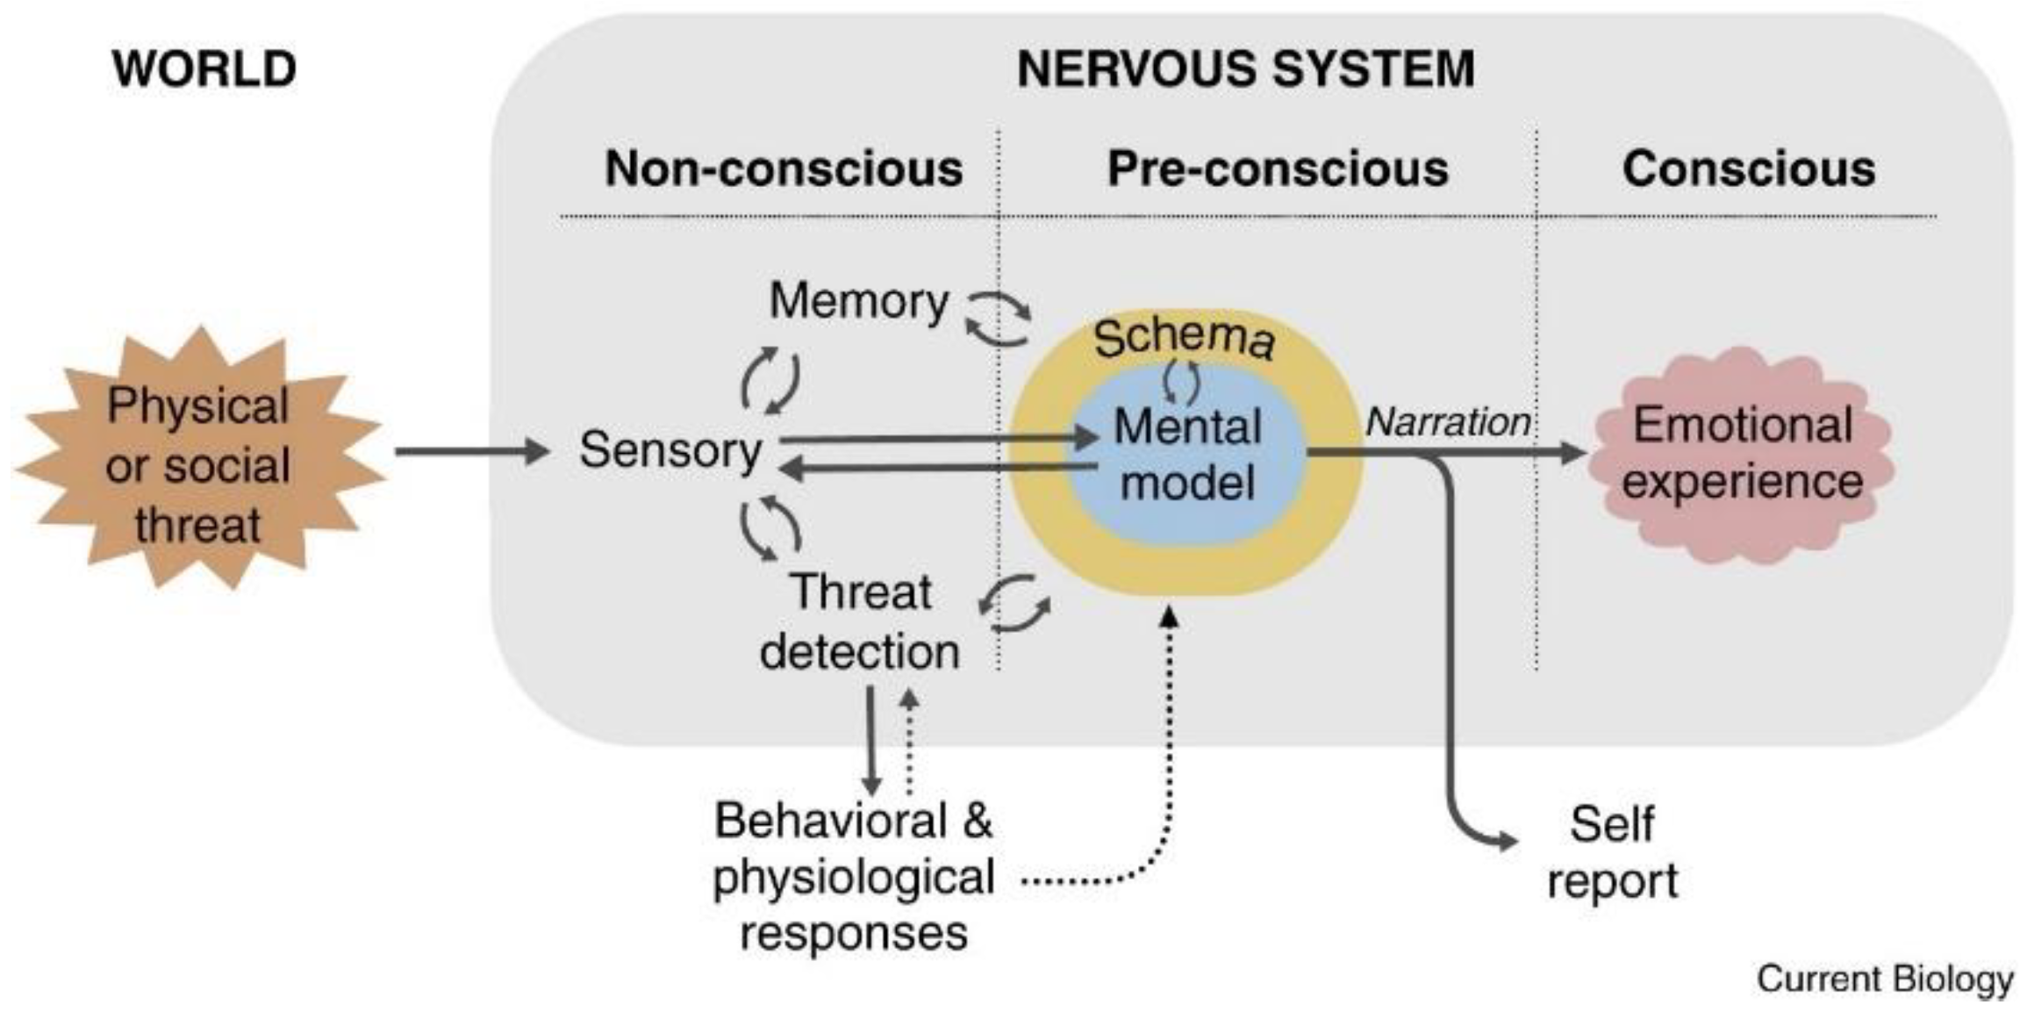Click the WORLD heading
pyautogui.click(x=204, y=68)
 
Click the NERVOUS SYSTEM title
pyautogui.click(x=1245, y=68)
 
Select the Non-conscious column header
pyautogui.click(x=783, y=168)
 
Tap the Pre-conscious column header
pyautogui.click(x=1277, y=168)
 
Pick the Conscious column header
pyautogui.click(x=1748, y=168)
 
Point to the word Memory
pyautogui.click(x=858, y=301)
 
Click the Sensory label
pyautogui.click(x=670, y=450)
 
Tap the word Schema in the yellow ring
pyautogui.click(x=1184, y=338)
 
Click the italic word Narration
pyautogui.click(x=1448, y=422)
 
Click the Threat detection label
pyautogui.click(x=860, y=621)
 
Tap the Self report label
pyautogui.click(x=1612, y=852)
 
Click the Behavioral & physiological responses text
pyautogui.click(x=853, y=876)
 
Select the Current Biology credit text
pyautogui.click(x=1884, y=979)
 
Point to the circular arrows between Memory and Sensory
pyautogui.click(x=770, y=380)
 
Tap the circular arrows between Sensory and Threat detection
pyautogui.click(x=770, y=528)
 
